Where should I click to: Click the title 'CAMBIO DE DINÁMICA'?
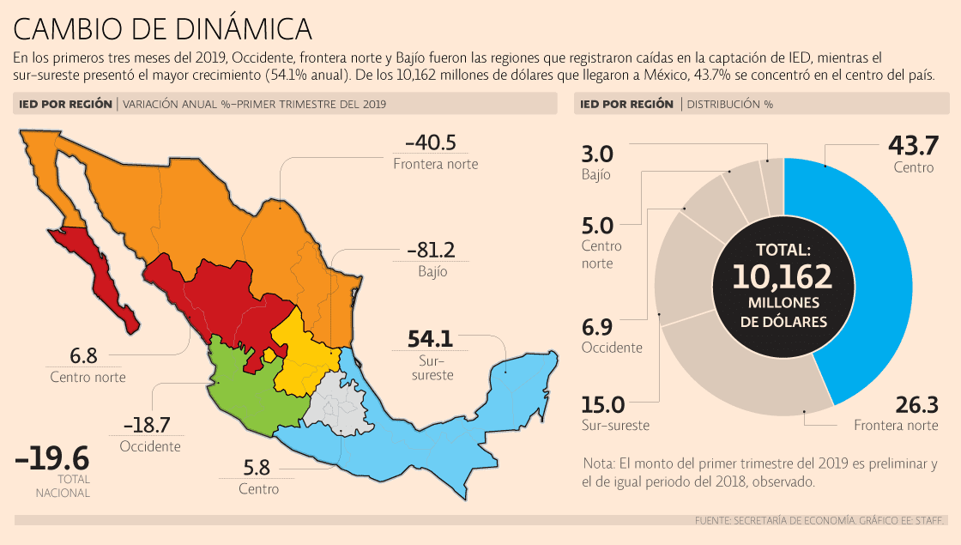click(x=162, y=29)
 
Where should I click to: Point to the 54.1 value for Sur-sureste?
click(x=423, y=339)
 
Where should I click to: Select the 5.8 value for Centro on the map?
click(x=258, y=469)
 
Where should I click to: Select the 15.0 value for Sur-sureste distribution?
click(x=604, y=404)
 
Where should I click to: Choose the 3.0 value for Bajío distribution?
click(x=597, y=154)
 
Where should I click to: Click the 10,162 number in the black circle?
click(x=782, y=276)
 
